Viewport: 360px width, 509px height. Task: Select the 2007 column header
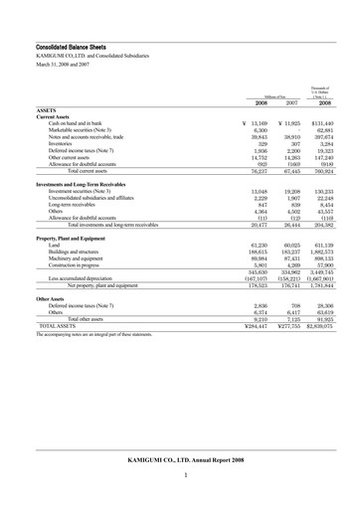(292, 101)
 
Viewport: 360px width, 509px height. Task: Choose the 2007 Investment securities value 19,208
(291, 194)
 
